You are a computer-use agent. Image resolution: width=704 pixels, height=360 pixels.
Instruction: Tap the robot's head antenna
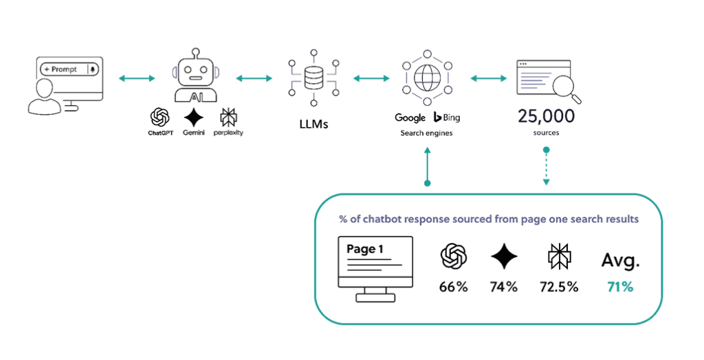(x=196, y=52)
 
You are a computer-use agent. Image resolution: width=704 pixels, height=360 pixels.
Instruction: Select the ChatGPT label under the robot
(x=161, y=133)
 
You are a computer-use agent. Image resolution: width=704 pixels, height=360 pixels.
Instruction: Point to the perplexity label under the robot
(x=228, y=133)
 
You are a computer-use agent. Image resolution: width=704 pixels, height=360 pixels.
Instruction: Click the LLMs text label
(x=312, y=124)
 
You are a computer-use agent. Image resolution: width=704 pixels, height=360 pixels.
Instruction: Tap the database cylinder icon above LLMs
(x=313, y=78)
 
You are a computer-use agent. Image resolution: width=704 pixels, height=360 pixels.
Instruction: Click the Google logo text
(x=410, y=118)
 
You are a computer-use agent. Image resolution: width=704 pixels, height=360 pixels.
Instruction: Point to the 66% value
(x=454, y=286)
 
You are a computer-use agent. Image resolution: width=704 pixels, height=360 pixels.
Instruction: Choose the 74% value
(x=504, y=286)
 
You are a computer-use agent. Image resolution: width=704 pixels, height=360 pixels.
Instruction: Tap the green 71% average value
(x=619, y=286)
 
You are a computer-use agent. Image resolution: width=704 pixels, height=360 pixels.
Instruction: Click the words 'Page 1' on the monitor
(x=365, y=249)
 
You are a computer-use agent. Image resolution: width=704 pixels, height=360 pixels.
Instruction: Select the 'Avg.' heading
(x=620, y=260)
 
